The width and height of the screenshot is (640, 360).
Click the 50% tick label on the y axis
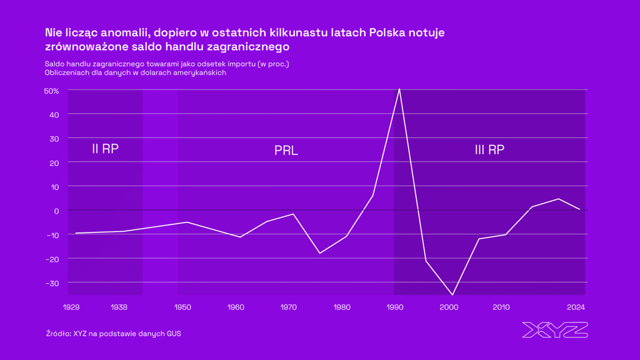point(52,91)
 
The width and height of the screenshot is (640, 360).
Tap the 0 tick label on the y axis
point(56,211)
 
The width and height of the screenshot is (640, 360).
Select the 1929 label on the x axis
point(72,307)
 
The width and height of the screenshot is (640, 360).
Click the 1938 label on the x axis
point(120,307)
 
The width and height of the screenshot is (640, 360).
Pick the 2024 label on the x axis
point(576,307)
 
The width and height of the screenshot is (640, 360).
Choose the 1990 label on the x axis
point(396,307)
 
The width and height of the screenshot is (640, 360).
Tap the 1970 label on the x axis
point(289,307)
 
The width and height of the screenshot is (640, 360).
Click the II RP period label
point(105,149)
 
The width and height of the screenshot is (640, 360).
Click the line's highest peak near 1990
point(400,89)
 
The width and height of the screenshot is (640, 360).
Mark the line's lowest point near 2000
point(452,295)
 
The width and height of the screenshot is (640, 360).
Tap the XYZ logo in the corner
point(555,330)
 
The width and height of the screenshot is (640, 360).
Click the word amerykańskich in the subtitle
point(203,73)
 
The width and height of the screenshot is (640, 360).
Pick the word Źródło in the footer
point(58,333)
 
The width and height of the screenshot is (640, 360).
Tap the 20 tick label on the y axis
point(55,163)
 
